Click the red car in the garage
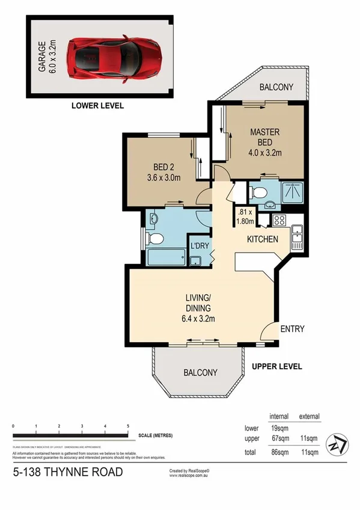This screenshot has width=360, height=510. point(114,57)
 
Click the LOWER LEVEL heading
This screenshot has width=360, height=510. point(97,105)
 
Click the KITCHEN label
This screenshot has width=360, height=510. point(263,239)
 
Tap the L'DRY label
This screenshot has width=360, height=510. point(199,245)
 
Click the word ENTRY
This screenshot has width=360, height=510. point(292,329)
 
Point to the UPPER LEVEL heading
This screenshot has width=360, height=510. point(276,366)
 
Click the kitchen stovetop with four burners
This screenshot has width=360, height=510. point(279,220)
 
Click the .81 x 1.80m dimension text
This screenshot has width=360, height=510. point(246,216)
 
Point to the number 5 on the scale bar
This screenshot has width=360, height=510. point(128,426)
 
